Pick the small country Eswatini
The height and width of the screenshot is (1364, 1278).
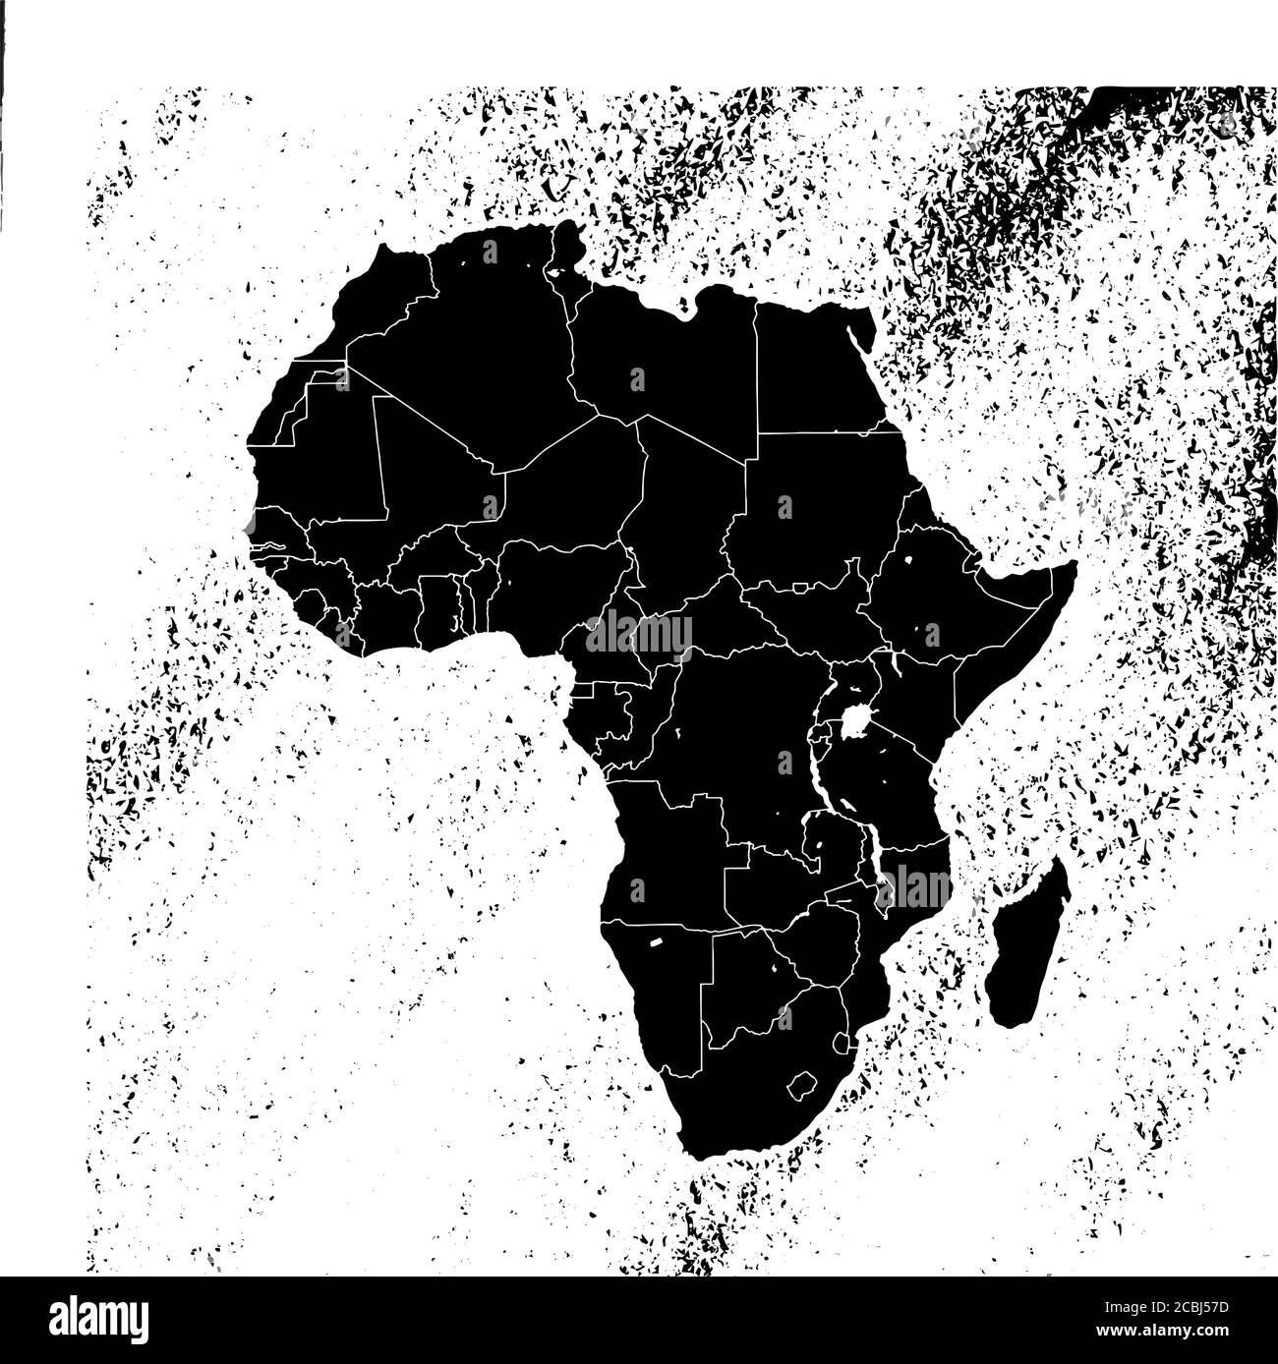point(841,1043)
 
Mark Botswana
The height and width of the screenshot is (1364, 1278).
point(752,983)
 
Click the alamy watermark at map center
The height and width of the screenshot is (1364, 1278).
point(639,635)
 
